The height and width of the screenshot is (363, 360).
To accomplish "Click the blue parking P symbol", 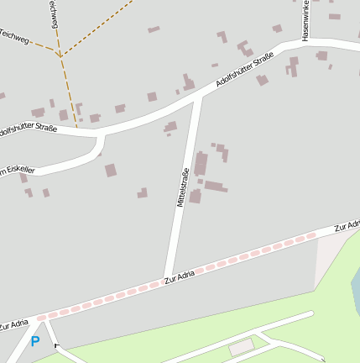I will tap(35, 341).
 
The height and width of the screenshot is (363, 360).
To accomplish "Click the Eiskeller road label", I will tap(17, 171).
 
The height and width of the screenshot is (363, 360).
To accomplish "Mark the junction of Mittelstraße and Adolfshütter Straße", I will tap(199, 97).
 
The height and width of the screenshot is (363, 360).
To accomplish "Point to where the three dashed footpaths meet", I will tap(60, 55).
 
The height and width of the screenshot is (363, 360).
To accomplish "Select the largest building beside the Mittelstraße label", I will tap(201, 163).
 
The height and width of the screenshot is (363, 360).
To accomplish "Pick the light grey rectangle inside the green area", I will tap(241, 345).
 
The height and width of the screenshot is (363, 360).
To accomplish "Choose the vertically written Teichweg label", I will tap(53, 13).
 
